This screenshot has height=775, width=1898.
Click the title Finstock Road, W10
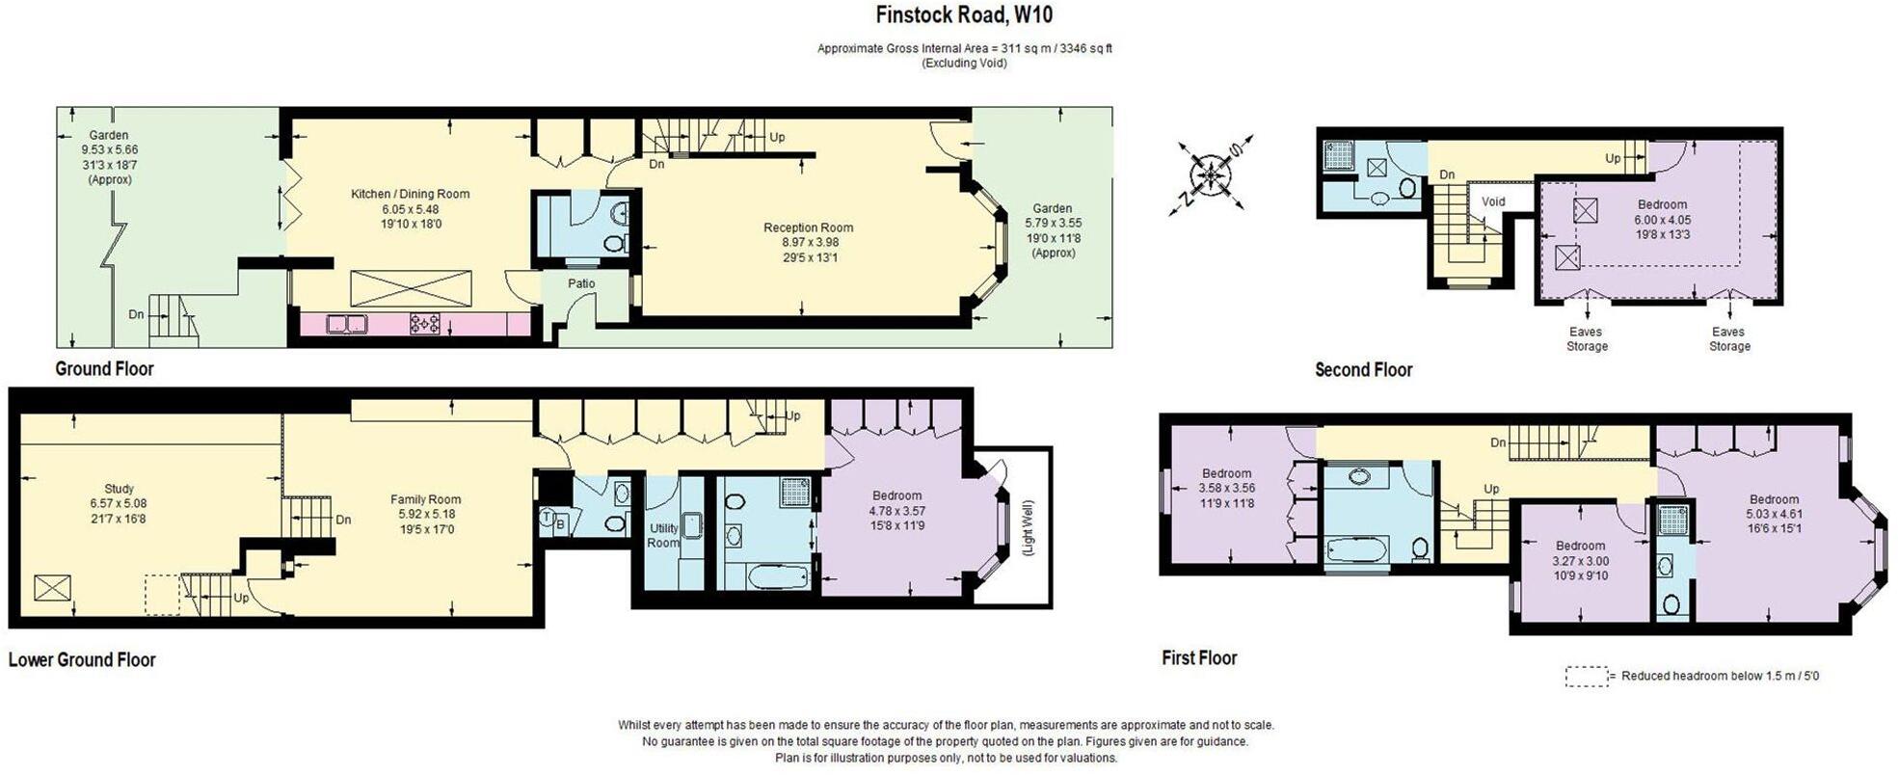[x=963, y=15]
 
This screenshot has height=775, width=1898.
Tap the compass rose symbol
[x=1210, y=175]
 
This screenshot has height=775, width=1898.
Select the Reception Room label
[x=808, y=228]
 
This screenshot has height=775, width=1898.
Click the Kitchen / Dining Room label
[x=410, y=194]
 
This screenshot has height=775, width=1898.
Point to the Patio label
[x=581, y=283]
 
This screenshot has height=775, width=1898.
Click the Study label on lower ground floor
[x=119, y=489]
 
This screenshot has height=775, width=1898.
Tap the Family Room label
[x=425, y=499]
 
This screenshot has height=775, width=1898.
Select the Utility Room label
[x=663, y=535]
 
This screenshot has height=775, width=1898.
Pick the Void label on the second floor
[x=1493, y=201]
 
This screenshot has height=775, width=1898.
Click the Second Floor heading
[x=1363, y=370]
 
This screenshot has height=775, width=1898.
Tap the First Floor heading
[x=1198, y=658]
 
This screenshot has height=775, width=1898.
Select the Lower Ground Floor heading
[x=82, y=660]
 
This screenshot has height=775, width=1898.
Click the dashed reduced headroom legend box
[x=1586, y=676]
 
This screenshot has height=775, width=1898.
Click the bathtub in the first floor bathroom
[x=1356, y=551]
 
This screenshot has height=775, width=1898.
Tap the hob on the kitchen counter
[x=425, y=323]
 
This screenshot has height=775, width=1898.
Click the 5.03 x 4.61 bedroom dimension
[x=1774, y=514]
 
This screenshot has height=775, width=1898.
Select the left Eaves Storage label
[x=1587, y=339]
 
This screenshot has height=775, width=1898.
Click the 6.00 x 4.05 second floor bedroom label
[x=1662, y=219]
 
